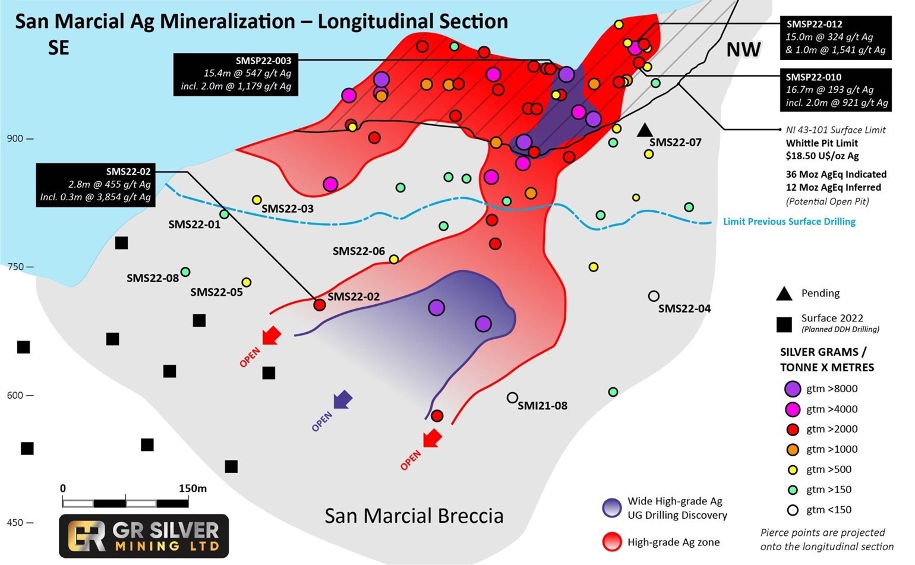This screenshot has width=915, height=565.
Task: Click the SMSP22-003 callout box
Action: [x=236, y=74]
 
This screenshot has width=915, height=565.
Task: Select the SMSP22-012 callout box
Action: [x=835, y=37]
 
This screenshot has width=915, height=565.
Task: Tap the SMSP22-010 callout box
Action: [x=835, y=90]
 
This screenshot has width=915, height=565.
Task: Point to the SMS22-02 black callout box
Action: [x=96, y=185]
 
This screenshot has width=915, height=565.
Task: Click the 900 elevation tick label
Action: [x=15, y=138]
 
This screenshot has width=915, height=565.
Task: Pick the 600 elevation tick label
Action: [x=15, y=395]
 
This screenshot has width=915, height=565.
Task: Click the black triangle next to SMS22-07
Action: [x=645, y=130]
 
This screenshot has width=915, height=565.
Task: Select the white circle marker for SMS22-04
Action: [x=654, y=296]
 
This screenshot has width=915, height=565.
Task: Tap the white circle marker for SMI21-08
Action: [x=512, y=397]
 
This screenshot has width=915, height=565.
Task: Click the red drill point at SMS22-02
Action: [x=319, y=305]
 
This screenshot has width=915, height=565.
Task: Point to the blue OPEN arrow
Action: [x=342, y=400]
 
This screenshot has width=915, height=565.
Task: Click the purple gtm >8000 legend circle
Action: [x=793, y=389]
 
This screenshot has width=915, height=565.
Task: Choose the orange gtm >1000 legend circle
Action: [x=792, y=449]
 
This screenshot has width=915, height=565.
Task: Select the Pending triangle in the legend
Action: [x=784, y=293]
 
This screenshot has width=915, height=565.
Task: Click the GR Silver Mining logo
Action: [x=144, y=535]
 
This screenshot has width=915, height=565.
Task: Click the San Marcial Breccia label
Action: [x=414, y=516]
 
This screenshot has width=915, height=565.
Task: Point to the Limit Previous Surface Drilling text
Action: [x=789, y=222]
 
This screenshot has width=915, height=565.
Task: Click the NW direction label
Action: [x=743, y=50]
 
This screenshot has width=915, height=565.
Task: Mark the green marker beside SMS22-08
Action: [x=185, y=272]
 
